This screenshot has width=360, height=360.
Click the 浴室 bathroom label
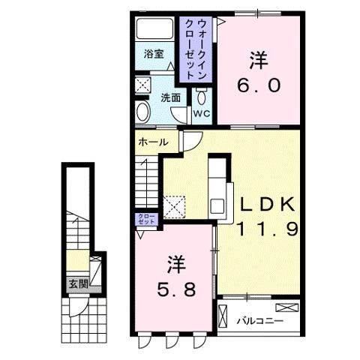coord(154,54)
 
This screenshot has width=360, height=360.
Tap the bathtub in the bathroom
coord(154,28)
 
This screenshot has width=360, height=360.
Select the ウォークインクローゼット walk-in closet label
coord(196,49)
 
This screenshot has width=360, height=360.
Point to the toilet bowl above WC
coord(202,97)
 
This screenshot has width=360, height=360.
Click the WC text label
coord(202,114)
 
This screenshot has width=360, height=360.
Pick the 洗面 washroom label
coord(170,97)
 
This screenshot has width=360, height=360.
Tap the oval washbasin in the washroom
coord(143,112)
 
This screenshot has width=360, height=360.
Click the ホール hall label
coord(153,142)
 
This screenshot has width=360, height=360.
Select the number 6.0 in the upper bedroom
coord(259,85)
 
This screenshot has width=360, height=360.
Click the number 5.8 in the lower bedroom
coord(176,289)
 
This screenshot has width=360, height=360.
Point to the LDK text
coord(267,205)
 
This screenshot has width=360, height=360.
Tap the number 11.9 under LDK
coord(267,229)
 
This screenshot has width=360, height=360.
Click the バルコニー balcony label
coord(260,321)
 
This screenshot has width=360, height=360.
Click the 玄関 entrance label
coord(79,284)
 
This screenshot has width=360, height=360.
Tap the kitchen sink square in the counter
coord(217,206)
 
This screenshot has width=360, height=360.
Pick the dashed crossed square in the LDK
coord(174,207)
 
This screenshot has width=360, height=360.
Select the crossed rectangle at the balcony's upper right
coord(287,307)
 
